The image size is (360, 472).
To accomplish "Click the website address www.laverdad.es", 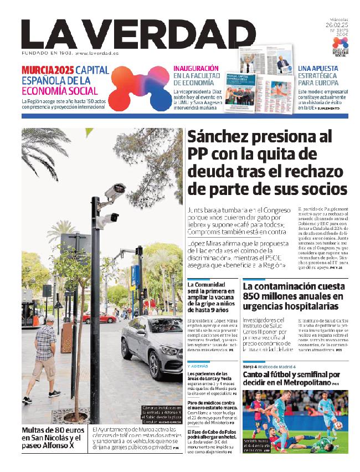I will (x=97, y=53).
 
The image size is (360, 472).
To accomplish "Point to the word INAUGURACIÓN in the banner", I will (x=196, y=68).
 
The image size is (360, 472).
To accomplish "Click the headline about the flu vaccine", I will (x=212, y=299).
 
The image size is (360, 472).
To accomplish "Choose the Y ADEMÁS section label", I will (x=198, y=366).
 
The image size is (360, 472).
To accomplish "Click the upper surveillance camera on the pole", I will (x=115, y=192).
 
